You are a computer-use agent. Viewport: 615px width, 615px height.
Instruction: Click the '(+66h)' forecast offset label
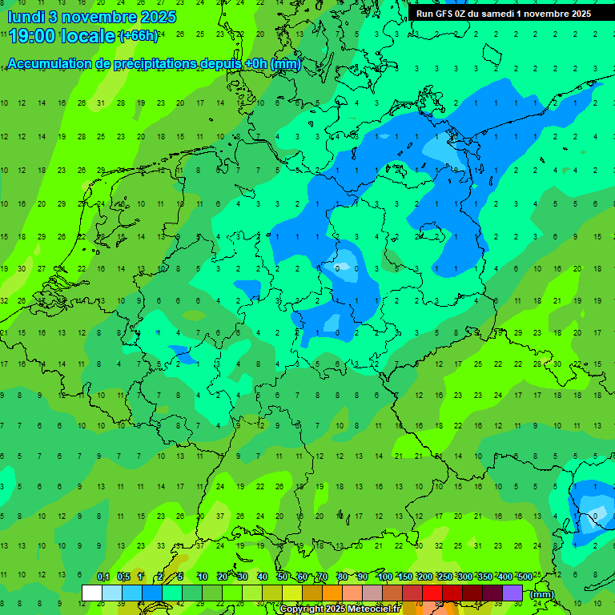139,35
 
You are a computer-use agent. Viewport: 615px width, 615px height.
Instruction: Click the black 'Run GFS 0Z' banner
503,14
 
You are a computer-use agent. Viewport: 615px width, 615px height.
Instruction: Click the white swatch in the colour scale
92,593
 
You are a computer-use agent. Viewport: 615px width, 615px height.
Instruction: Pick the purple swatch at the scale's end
512,593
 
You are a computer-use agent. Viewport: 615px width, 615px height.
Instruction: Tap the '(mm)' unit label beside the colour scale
542,594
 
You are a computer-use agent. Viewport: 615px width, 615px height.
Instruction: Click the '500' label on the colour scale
525,577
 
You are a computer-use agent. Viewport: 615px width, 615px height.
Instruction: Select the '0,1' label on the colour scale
103,577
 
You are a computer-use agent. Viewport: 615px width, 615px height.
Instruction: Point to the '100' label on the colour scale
384,577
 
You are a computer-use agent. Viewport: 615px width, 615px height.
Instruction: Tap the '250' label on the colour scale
444,577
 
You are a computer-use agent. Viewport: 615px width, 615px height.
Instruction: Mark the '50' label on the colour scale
282,577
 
